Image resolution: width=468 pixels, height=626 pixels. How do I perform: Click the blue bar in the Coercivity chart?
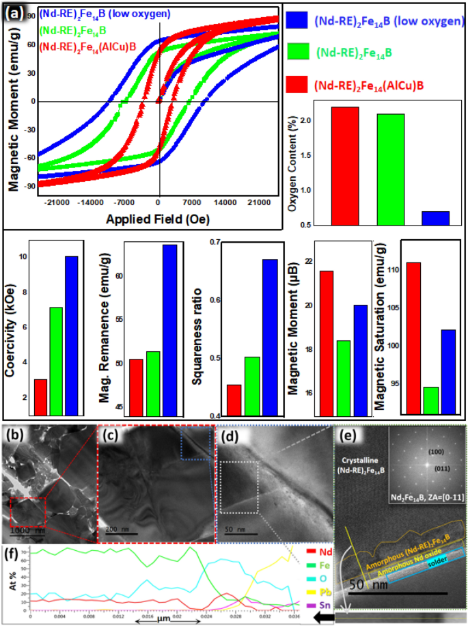[x=72, y=335]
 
